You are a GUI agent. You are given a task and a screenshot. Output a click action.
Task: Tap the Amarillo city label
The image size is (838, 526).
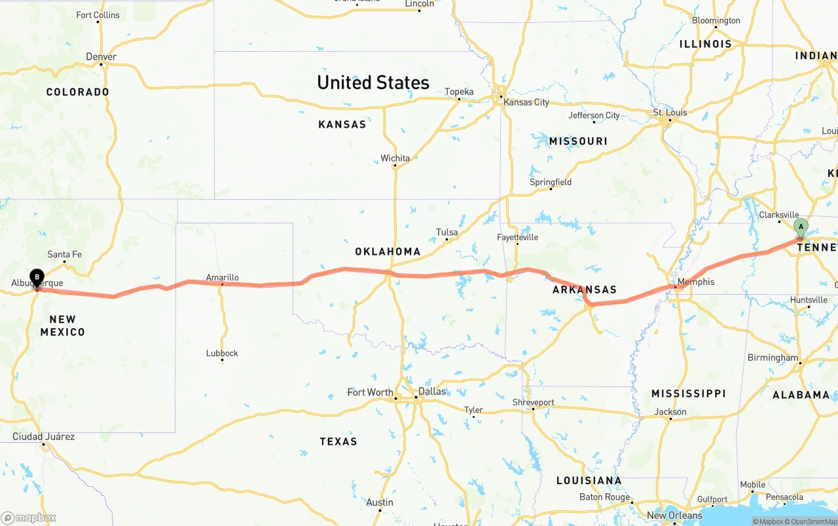pos(222,277)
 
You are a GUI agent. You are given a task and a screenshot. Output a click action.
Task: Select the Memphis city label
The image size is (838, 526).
pos(696,282)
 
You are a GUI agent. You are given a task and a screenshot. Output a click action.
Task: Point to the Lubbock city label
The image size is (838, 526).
pos(222,353)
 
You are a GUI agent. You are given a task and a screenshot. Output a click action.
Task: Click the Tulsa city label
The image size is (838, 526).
pos(447,233)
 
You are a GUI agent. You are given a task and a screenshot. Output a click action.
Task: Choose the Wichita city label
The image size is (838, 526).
pos(395,158)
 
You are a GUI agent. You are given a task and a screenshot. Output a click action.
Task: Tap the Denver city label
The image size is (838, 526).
pos(101,57)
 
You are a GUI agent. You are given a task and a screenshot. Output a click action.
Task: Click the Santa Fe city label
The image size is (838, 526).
pos(64,254)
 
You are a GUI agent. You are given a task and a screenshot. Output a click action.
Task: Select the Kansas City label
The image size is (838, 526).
pos(526,102)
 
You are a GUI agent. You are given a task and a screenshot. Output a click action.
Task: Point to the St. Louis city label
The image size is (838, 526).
pos(670,113)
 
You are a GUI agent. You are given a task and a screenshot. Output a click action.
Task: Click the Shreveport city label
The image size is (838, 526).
pos(533,402)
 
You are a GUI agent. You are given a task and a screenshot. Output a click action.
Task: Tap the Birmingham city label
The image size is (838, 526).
pos(773,358)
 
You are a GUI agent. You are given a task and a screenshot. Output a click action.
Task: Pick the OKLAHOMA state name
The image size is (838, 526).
pos(388,252)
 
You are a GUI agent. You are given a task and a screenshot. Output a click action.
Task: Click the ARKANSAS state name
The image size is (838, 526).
pos(585,290)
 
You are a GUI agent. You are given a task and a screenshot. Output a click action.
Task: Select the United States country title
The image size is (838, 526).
pos(373,83)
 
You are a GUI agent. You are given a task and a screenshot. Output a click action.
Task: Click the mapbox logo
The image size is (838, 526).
pos(29,517)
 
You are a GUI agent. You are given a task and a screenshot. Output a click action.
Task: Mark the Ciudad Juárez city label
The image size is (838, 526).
pos(43,436)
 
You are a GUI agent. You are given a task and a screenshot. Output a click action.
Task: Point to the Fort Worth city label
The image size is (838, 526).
pos(370,392)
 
